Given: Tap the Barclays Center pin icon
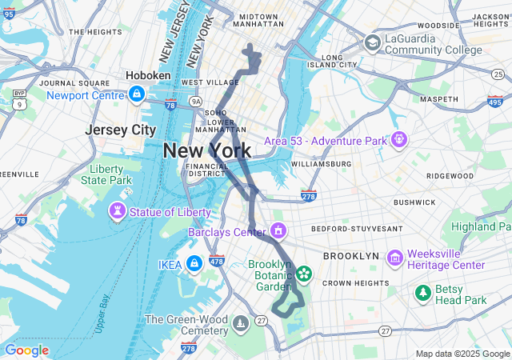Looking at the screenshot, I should point(278,232).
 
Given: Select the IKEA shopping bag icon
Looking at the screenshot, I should point(194,264).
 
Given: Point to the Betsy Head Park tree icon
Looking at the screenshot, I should point(422,294).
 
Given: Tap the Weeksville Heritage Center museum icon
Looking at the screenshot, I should point(394,258).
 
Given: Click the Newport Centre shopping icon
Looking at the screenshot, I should point(137,95).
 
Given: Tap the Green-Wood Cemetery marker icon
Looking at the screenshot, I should point(240,325).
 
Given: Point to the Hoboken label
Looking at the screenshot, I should point(148,75).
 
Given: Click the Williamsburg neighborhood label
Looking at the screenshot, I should point(321,164).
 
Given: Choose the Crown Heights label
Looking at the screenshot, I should point(354,283).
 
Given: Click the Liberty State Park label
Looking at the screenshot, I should point(106,174).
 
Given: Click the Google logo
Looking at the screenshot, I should point(26,350).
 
